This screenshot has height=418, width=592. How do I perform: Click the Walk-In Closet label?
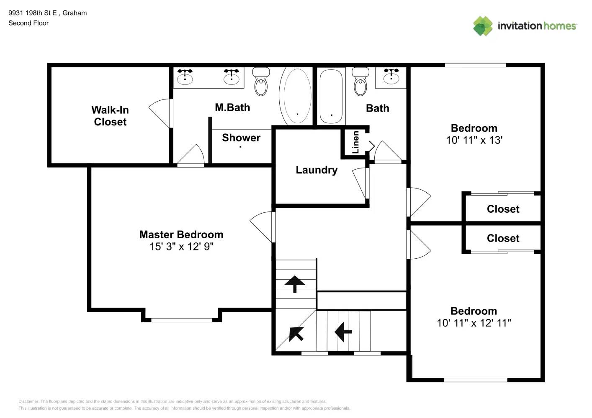pyautogui.click(x=110, y=116)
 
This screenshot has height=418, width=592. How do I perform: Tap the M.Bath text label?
pyautogui.click(x=232, y=107)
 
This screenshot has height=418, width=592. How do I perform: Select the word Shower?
pyautogui.click(x=241, y=138)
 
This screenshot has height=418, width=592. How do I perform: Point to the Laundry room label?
pyautogui.click(x=317, y=170)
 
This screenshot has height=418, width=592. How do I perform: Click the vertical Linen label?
pyautogui.click(x=355, y=142)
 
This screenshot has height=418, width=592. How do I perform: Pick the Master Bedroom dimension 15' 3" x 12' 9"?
pyautogui.click(x=181, y=247)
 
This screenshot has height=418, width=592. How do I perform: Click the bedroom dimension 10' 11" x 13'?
pyautogui.click(x=474, y=140)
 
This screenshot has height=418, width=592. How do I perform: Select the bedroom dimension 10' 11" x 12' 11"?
pyautogui.click(x=474, y=323)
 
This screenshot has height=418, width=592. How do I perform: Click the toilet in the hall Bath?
pyautogui.click(x=360, y=82)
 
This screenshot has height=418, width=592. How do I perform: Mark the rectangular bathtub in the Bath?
pyautogui.click(x=331, y=96)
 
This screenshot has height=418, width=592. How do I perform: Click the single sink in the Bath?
pyautogui.click(x=391, y=77)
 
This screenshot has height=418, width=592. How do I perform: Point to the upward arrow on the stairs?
pyautogui.click(x=295, y=284)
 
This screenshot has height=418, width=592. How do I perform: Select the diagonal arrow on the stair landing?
pyautogui.click(x=296, y=334)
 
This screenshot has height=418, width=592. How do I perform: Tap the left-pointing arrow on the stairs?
pyautogui.click(x=343, y=332)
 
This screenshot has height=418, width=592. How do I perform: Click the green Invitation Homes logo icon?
pyautogui.click(x=483, y=26)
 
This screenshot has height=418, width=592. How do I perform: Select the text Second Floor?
pyautogui.click(x=28, y=23)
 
